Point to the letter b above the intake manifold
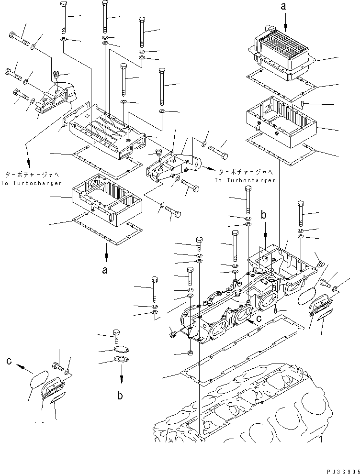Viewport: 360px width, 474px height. coord(263,215)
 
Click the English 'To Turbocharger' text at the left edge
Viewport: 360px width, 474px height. coord(31,183)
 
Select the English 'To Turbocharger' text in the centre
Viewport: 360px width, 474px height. coord(245,180)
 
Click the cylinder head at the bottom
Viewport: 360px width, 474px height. coord(249,407)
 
